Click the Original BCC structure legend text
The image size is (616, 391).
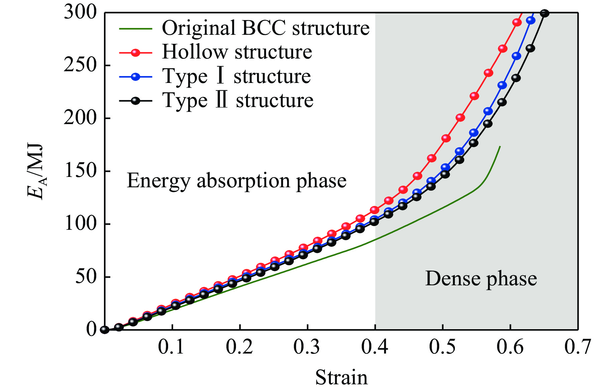[266, 28]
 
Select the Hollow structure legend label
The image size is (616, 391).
[237, 52]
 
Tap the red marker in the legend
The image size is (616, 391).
[135, 53]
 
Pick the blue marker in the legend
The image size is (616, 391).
[135, 77]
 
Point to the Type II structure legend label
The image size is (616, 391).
[238, 100]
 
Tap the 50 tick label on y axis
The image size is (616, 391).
[86, 277]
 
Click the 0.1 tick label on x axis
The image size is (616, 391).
[171, 347]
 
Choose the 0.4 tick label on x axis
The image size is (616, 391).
[374, 347]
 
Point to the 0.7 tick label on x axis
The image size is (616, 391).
[578, 347]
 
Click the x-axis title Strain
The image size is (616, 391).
[341, 377]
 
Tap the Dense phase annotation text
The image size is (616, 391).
[481, 279]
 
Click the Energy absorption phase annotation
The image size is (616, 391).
[237, 181]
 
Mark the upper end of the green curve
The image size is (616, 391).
[500, 146]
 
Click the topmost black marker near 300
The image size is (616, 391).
[544, 13]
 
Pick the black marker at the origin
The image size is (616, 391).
[105, 329]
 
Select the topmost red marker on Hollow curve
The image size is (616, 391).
[517, 22]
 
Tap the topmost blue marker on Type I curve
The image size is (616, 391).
[531, 20]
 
